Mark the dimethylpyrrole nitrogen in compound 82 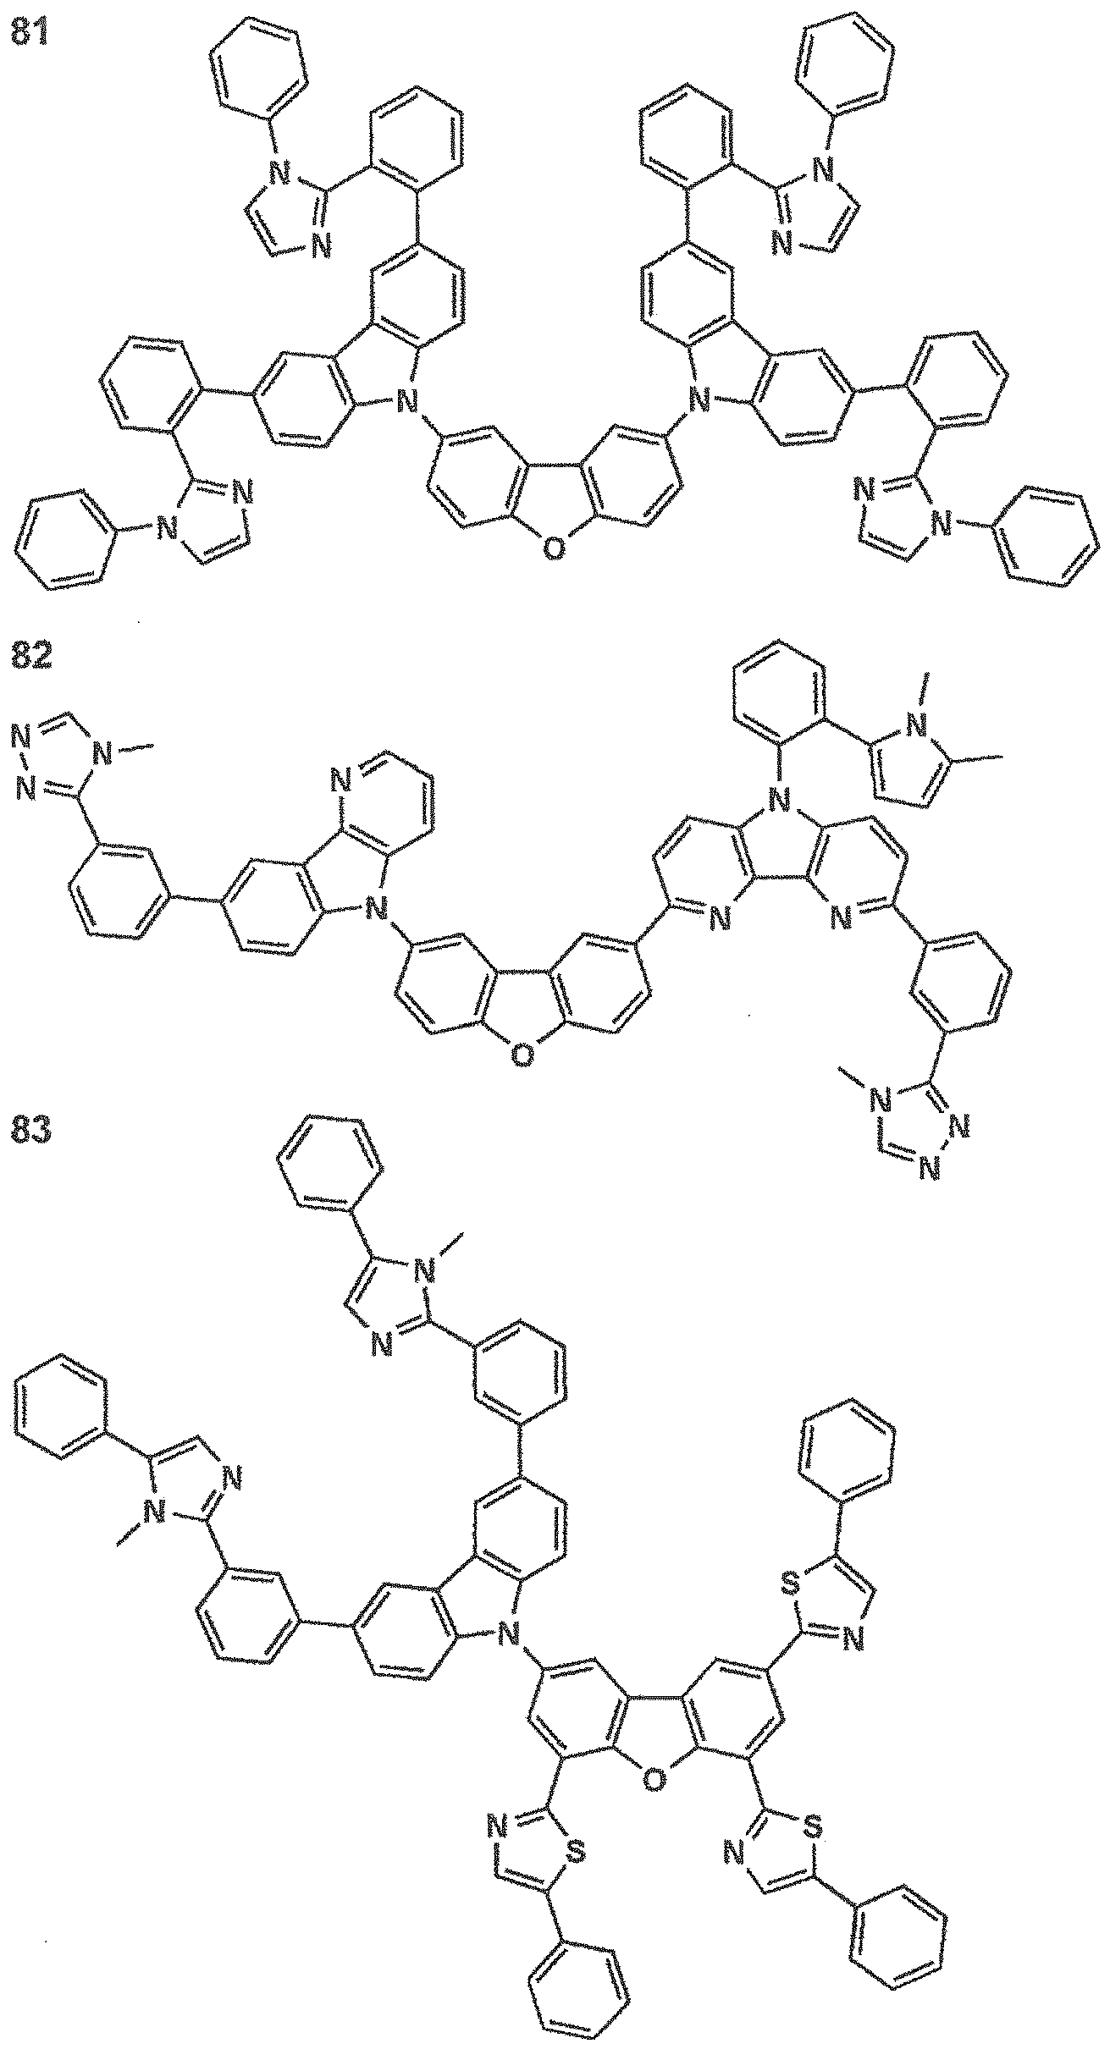(914, 724)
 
